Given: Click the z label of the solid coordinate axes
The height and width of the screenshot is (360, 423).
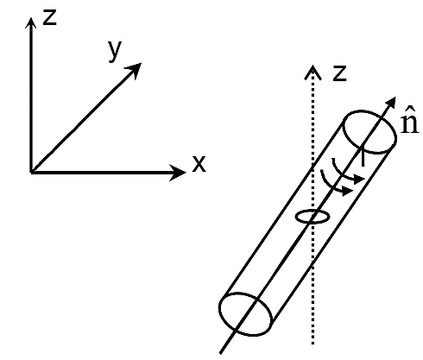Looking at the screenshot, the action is [x=49, y=17].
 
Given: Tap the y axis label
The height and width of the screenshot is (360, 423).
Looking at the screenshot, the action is [x=115, y=51].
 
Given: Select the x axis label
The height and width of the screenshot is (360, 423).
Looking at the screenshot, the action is [x=199, y=164].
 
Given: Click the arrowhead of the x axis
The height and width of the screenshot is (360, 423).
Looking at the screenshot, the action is [x=178, y=173].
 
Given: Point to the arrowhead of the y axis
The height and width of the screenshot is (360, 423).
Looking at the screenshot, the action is [x=134, y=70].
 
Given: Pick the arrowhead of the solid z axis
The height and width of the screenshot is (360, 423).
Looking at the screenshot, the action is [x=31, y=23].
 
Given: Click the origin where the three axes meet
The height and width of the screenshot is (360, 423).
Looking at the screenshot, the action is [x=31, y=172].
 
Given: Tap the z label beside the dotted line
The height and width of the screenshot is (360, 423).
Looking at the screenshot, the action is [x=339, y=73].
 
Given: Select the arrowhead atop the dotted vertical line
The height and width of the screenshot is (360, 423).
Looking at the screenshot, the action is [x=313, y=73].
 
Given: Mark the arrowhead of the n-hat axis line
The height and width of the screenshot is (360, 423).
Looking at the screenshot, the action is [x=391, y=103].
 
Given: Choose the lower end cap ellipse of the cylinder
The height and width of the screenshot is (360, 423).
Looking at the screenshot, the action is [x=219, y=309].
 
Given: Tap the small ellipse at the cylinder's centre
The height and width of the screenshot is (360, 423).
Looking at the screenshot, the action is [x=313, y=211].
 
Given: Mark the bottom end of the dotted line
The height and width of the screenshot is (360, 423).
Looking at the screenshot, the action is [x=313, y=344].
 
